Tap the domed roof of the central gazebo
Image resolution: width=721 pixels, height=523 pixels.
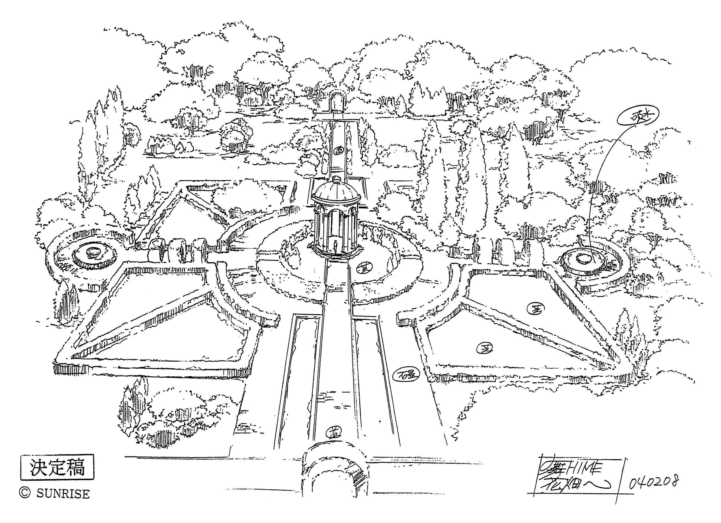coord(336,192)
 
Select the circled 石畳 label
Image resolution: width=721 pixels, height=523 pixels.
coord(407,375)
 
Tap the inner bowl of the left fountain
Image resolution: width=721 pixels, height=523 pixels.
coord(94,252)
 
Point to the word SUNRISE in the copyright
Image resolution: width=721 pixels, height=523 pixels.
coord(63,494)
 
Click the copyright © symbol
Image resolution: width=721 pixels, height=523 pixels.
coord(25,493)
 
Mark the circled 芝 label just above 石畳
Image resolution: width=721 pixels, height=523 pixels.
coord(484,348)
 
